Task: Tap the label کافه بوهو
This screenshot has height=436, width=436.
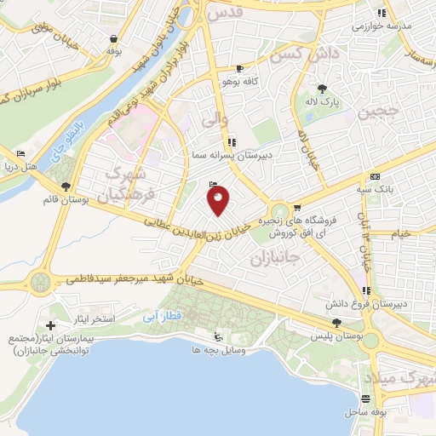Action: click(x=238, y=81)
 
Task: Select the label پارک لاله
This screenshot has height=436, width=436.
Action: click(x=323, y=101)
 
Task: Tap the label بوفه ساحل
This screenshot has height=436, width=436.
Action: click(x=367, y=412)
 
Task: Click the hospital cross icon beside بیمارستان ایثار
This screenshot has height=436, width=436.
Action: click(x=50, y=325)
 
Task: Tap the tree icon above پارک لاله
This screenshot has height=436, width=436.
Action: click(x=322, y=88)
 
